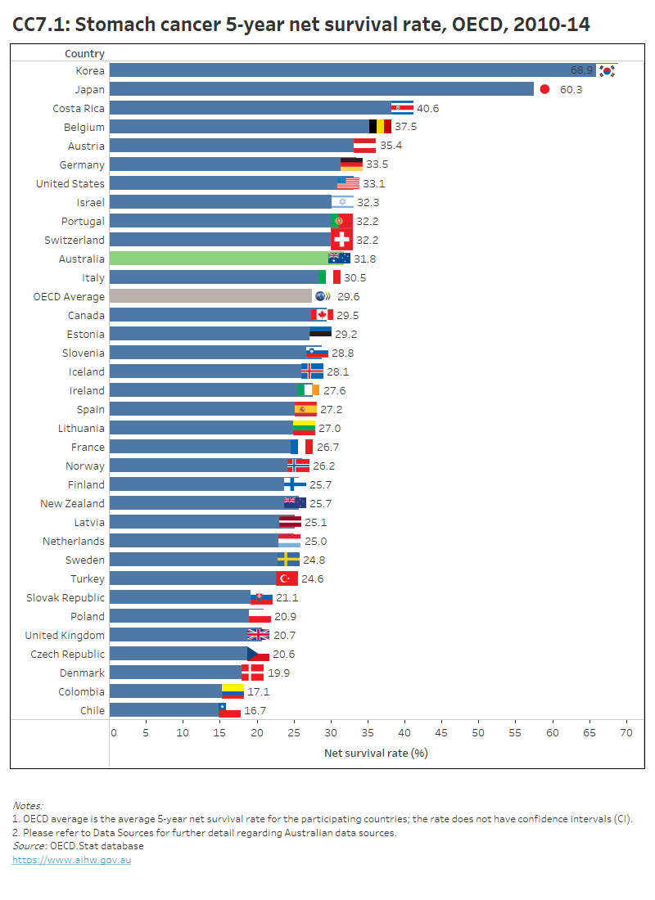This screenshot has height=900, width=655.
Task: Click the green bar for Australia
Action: pyautogui.click(x=217, y=259)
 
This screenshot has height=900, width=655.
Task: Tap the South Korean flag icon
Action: pyautogui.click(x=607, y=70)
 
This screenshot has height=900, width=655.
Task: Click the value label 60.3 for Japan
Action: pyautogui.click(x=571, y=89)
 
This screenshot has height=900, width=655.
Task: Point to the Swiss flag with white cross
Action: pyautogui.click(x=341, y=240)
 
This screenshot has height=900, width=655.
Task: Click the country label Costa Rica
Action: pyautogui.click(x=79, y=108)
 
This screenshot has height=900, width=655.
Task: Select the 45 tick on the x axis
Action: pyautogui.click(x=441, y=732)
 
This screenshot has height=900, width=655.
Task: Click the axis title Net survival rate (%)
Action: pyautogui.click(x=376, y=753)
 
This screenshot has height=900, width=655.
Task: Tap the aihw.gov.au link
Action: pyautogui.click(x=71, y=860)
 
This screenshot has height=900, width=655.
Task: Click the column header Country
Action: pyautogui.click(x=84, y=54)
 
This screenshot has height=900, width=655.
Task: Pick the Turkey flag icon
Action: pyautogui.click(x=287, y=578)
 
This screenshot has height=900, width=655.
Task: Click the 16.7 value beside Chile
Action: pyautogui.click(x=255, y=710)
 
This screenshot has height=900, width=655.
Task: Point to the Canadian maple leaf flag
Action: pyautogui.click(x=322, y=315)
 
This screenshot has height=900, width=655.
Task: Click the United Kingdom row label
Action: pyautogui.click(x=65, y=635)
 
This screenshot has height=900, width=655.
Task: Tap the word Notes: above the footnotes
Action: pyautogui.click(x=27, y=806)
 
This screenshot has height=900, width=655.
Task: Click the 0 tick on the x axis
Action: pyautogui.click(x=113, y=732)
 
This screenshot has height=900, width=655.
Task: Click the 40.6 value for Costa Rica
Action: pyautogui.click(x=427, y=108)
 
